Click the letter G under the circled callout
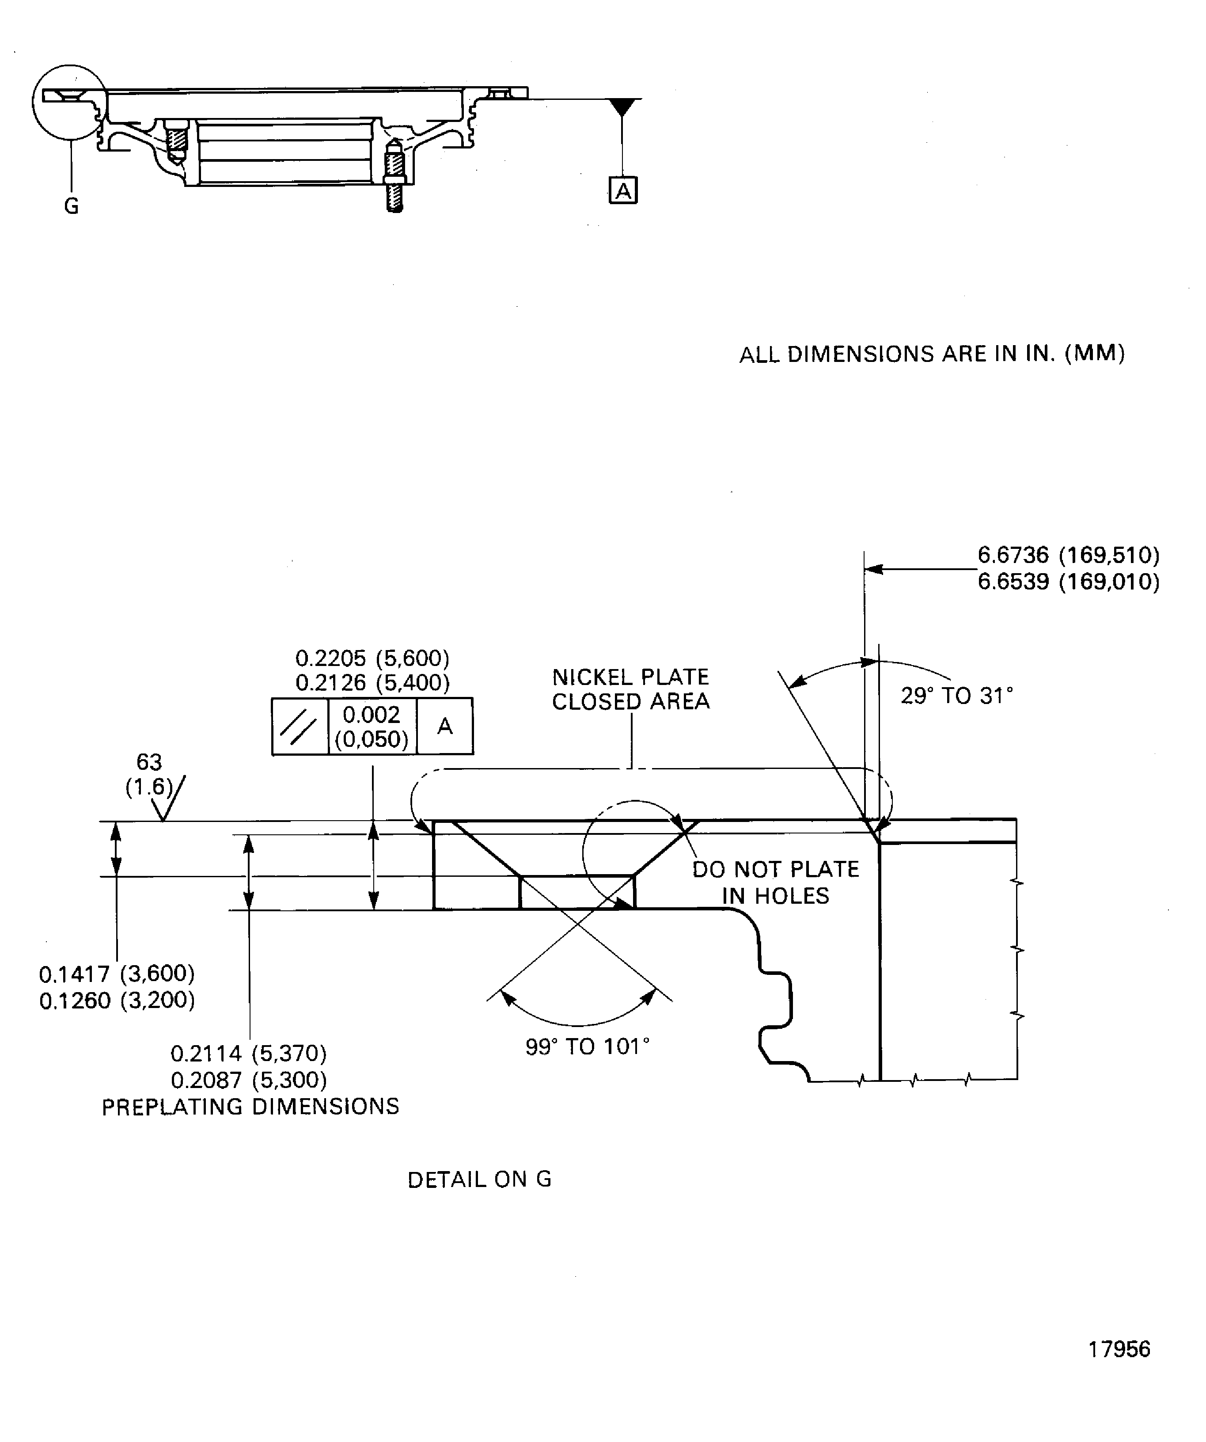pos(72,206)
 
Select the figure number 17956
pos(1119,1349)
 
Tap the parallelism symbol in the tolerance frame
pos(300,727)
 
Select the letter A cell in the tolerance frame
pos(445,727)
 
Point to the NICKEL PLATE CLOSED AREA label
pos(630,689)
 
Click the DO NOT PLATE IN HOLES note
pos(776,883)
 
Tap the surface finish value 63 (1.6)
pos(149,774)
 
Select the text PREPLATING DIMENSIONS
pos(250,1107)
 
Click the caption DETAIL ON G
pos(479,1179)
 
